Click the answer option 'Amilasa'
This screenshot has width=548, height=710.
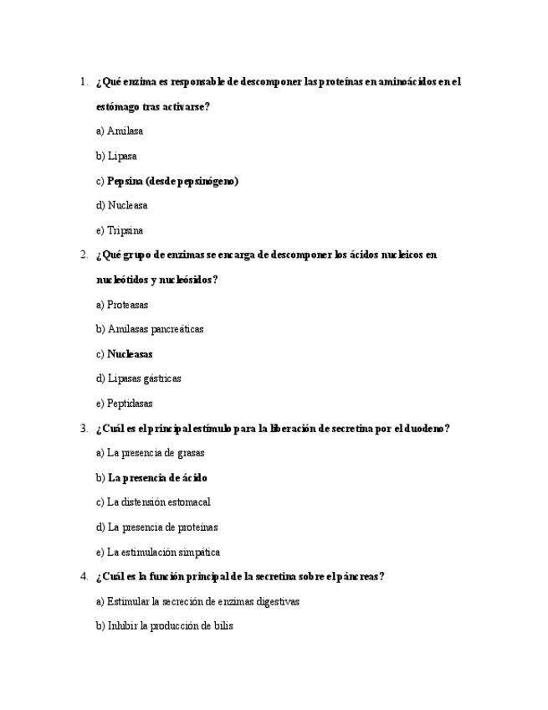125,131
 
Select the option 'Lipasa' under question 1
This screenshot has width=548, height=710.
122,157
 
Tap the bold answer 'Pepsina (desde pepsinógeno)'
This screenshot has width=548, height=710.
172,181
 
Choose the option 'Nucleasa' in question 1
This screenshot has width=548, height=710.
127,206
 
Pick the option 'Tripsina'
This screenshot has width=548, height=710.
125,231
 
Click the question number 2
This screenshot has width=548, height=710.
84,255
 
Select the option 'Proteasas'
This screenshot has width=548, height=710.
127,306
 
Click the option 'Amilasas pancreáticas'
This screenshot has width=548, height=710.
155,330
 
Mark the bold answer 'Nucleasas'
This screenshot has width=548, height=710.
130,354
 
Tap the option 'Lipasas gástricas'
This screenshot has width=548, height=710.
144,378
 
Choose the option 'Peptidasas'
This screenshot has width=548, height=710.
130,404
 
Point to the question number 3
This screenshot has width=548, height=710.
84,429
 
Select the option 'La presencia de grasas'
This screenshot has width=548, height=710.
156,453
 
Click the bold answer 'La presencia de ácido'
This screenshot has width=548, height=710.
157,478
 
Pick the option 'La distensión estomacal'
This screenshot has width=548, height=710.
158,502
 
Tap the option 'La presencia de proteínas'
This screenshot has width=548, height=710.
162,527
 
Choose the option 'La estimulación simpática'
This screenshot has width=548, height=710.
163,553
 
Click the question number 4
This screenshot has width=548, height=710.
84,576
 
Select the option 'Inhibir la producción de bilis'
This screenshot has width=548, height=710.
170,625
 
